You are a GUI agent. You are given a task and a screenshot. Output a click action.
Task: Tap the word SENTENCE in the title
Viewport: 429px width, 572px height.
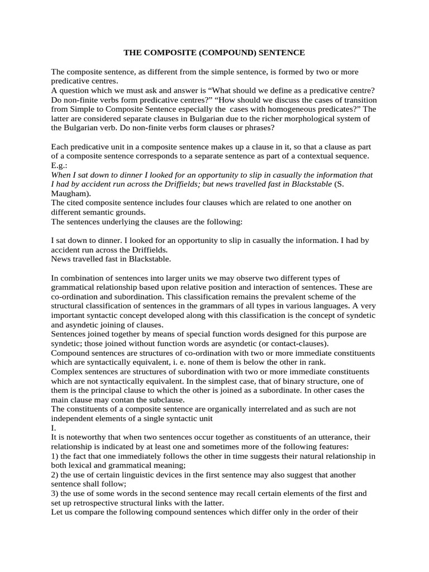pos(282,53)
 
